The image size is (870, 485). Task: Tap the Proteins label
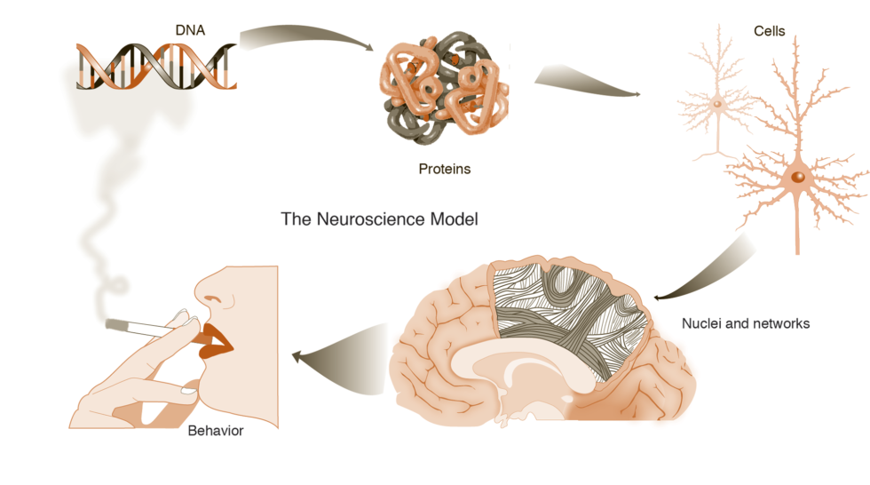pyautogui.click(x=444, y=168)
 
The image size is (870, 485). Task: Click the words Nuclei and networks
pyautogui.click(x=746, y=324)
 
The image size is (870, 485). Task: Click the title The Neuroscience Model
pyautogui.click(x=379, y=219)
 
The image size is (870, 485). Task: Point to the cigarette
pyautogui.click(x=146, y=328)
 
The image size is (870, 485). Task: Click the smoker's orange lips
pyautogui.click(x=215, y=341)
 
